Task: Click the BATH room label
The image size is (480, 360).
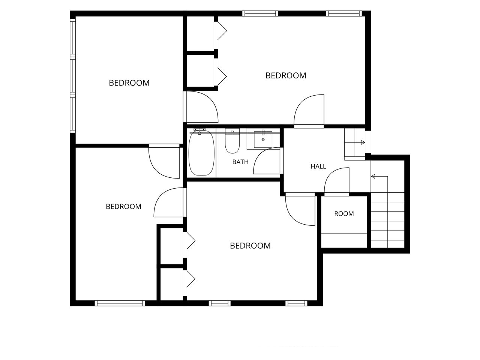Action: (240, 162)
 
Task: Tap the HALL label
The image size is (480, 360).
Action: (318, 166)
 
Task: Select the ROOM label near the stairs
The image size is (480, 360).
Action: (344, 213)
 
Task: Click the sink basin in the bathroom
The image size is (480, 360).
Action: (263, 139)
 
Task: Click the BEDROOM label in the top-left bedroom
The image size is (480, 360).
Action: (129, 83)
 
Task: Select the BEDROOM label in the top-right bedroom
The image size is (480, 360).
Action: (286, 76)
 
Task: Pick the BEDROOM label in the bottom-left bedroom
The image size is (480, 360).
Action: (123, 207)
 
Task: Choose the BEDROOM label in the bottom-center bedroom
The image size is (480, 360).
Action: (250, 246)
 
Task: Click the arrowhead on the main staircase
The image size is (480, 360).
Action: (373, 176)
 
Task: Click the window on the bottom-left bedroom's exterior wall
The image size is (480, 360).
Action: (120, 303)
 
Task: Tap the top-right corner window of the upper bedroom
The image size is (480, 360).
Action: (344, 13)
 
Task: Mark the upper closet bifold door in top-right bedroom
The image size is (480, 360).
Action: (221, 31)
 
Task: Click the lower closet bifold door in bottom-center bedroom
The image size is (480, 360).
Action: (190, 279)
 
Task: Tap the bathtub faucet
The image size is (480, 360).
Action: (199, 132)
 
